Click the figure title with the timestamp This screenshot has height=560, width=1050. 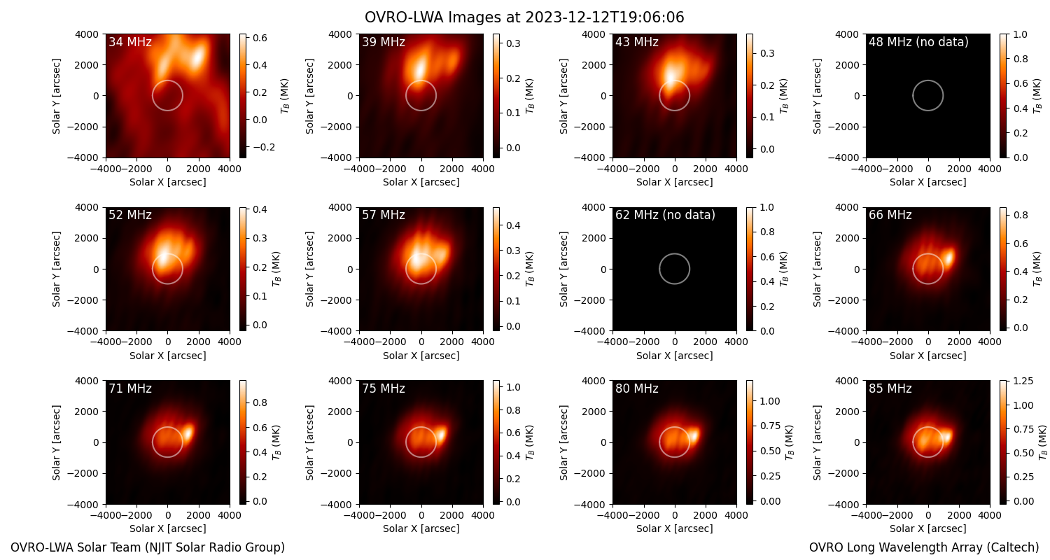pos(524,17)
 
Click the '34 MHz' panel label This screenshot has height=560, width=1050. pos(130,42)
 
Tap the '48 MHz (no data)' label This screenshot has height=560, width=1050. pos(918,42)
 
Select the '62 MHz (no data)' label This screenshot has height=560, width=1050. pos(665,215)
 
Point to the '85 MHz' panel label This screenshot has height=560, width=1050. pos(890,388)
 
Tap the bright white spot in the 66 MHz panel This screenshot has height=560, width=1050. pos(949,258)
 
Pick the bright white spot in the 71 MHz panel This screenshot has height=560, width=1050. pos(188,432)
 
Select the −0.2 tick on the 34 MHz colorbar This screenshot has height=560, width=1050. pos(260,147)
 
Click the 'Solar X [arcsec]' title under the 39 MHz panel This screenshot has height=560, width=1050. pos(421,182)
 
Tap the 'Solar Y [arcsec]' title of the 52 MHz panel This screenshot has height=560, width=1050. pos(56,269)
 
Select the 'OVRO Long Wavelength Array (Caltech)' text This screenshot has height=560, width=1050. pos(924,547)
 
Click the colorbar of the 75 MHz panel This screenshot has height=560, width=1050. pos(496,442)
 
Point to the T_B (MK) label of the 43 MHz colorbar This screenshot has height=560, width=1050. pos(784,96)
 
